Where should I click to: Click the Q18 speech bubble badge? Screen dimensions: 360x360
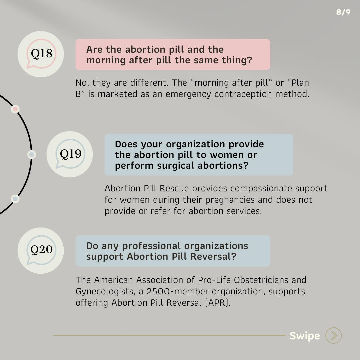click(41, 54)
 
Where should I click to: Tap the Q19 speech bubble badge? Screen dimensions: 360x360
click(70, 154)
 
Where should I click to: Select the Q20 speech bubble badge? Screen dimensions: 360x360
click(41, 250)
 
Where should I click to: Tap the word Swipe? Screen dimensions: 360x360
click(305, 336)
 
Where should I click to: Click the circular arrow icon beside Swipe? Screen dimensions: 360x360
click(333, 335)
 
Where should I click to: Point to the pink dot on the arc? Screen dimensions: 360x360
click(15, 109)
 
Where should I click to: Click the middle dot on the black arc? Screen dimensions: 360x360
click(31, 155)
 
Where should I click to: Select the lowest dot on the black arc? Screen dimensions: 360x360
click(15, 199)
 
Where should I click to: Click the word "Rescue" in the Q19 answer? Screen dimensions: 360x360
click(175, 188)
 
